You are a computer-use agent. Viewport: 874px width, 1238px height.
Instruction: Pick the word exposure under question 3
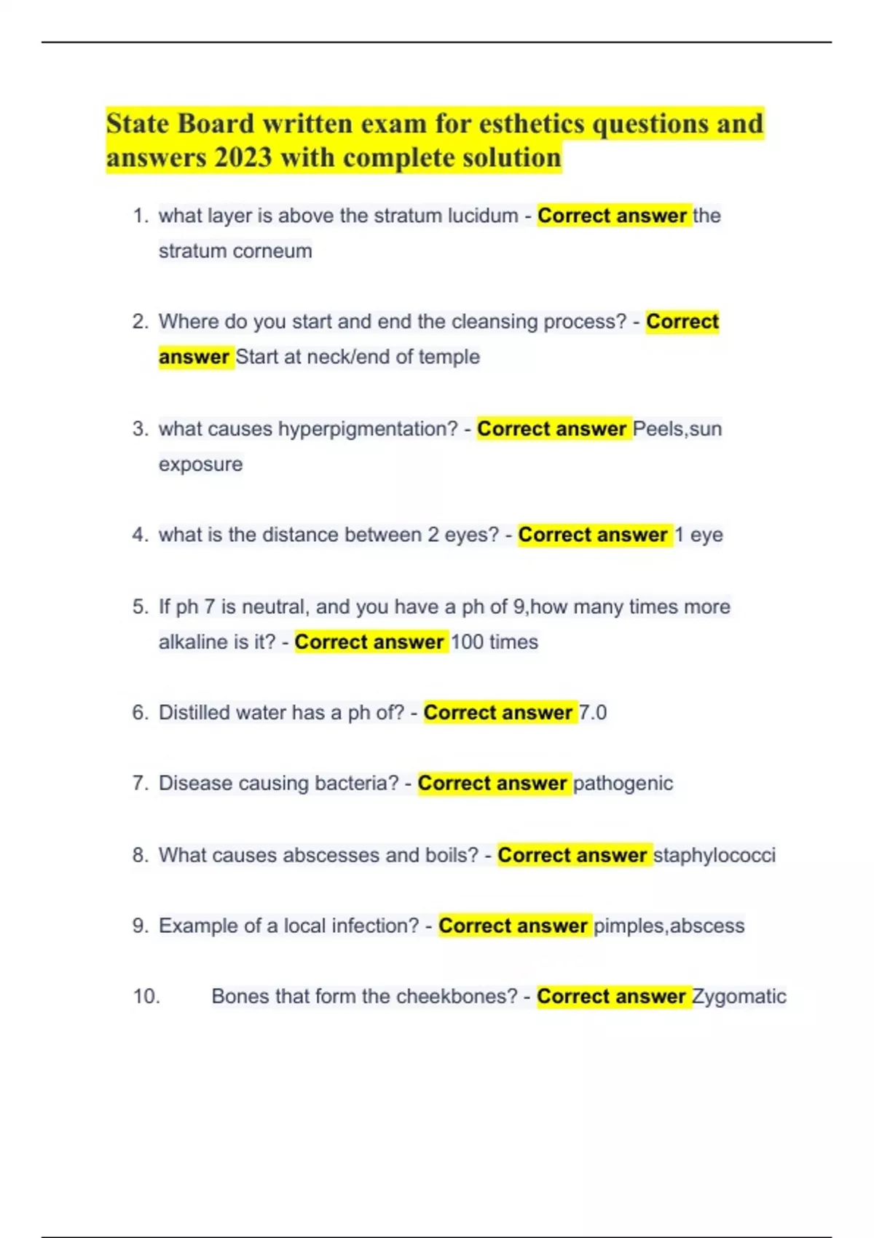coord(200,465)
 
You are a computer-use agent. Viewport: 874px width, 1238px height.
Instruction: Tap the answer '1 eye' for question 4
coord(698,535)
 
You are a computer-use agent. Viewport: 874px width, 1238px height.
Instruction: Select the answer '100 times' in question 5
coord(495,642)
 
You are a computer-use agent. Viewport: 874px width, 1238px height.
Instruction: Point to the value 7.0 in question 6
coord(593,713)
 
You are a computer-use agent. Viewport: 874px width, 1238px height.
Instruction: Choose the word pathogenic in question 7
coord(623,784)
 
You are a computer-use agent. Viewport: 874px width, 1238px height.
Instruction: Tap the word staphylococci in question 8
coord(714,855)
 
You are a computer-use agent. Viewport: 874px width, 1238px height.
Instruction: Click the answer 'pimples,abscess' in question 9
coord(669,926)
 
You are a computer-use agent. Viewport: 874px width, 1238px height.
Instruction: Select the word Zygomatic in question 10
coord(739,997)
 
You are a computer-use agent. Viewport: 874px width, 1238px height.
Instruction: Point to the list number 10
coord(146,997)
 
